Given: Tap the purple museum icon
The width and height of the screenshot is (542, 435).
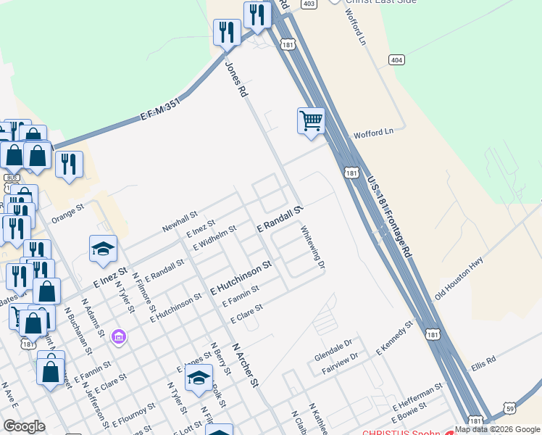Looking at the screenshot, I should [120, 337].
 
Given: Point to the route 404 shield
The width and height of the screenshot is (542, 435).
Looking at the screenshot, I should [396, 59].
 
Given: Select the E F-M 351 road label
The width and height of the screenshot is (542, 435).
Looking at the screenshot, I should [159, 111].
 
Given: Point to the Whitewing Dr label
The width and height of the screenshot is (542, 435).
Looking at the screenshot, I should [312, 246].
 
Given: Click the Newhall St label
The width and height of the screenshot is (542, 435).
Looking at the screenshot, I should [180, 221].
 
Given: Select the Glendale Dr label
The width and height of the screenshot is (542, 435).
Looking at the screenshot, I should [333, 344].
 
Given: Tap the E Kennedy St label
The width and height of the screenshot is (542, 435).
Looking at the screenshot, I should [393, 339].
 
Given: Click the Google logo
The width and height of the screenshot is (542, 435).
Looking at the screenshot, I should [23, 426].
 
